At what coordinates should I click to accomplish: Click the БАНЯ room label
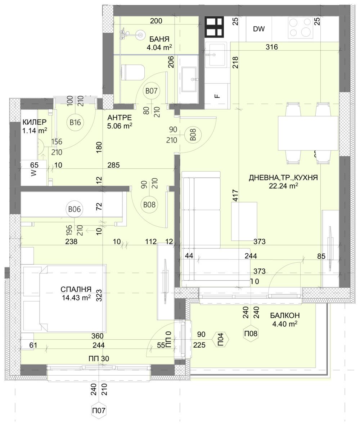coord(158,39)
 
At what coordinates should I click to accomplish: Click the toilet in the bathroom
coord(133,72)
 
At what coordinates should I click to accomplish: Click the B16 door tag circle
coord(75,123)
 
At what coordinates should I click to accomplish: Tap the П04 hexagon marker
coord(221,340)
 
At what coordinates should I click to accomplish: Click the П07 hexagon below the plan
coord(99,410)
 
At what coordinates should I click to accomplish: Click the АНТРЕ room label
coord(120,118)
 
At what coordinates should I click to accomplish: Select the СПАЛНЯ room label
coord(76,289)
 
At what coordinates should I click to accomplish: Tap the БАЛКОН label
coord(285,316)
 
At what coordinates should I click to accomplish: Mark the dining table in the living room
coord(308,133)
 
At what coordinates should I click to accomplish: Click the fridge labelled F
coord(217,96)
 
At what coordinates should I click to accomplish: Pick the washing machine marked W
coord(33,173)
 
